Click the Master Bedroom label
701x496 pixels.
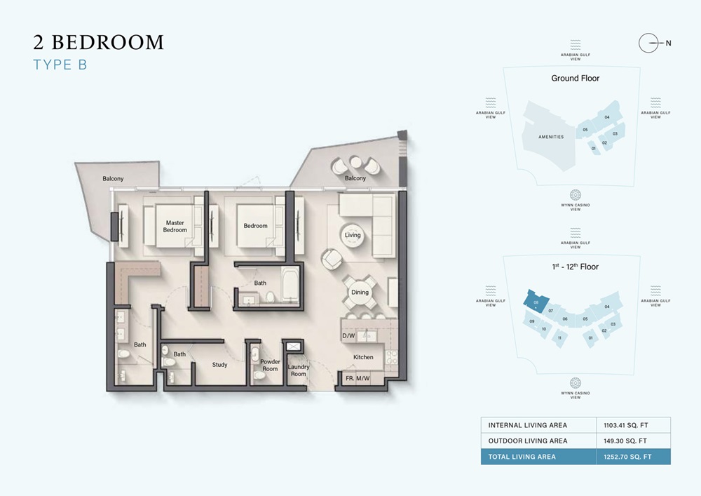point(175,227)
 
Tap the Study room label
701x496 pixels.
point(220,365)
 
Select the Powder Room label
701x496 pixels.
point(271,366)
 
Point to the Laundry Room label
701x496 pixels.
point(299,370)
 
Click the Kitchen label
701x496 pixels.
point(363,357)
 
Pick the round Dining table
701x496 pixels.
point(360,293)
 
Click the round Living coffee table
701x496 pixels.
point(353,235)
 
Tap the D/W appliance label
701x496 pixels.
point(348,337)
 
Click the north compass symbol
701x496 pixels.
point(650,43)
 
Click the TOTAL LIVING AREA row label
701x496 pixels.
point(522,457)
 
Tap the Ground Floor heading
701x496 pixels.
point(575,79)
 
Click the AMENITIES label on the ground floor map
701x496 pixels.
point(550,137)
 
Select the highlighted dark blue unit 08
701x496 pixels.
point(535,302)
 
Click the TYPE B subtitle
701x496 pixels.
point(60,65)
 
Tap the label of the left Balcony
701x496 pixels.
point(113,179)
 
